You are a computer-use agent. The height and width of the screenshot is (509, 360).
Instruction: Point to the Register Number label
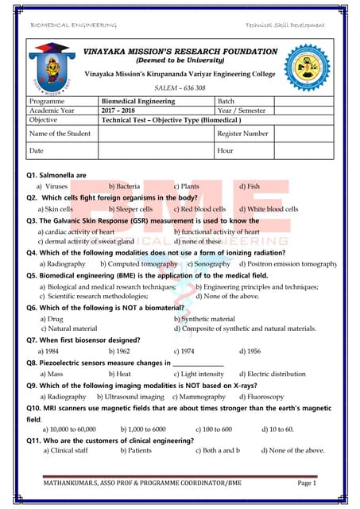coord(242,133)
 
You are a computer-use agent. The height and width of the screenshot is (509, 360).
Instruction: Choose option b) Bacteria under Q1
coord(124,186)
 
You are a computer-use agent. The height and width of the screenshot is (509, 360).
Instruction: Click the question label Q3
coord(33,220)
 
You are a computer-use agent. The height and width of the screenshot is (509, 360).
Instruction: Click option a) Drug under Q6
coord(51,318)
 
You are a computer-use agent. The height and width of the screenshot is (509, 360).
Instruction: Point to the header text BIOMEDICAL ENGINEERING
coord(73,25)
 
